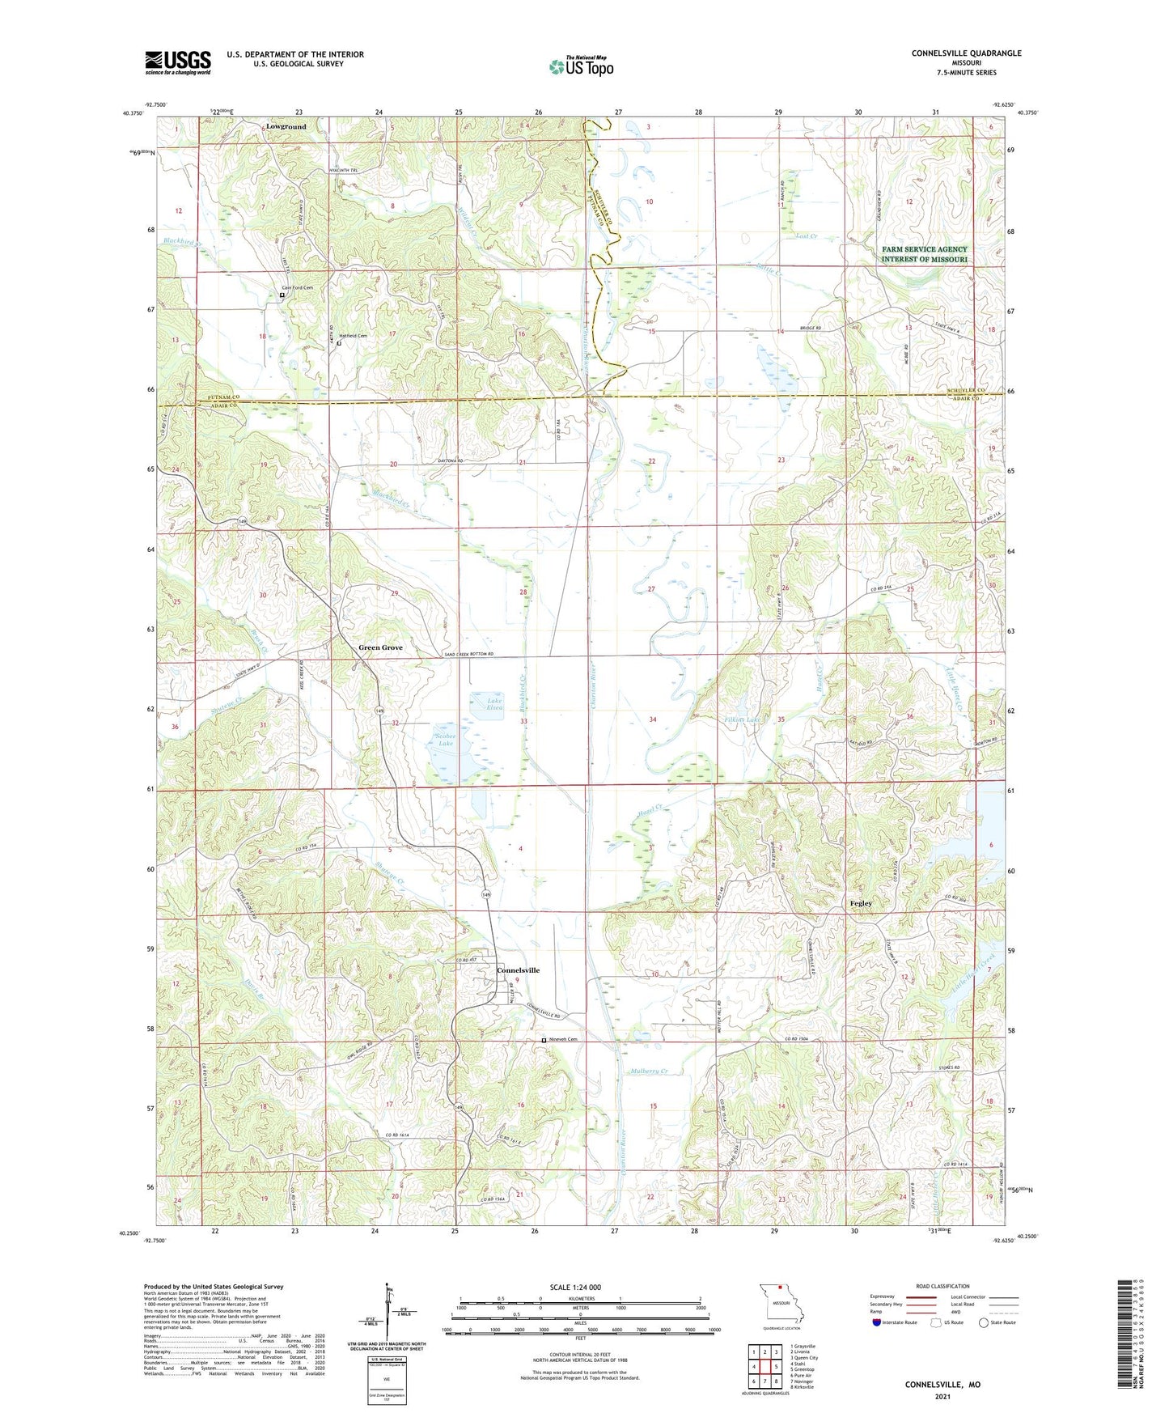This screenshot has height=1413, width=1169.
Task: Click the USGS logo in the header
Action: click(178, 62)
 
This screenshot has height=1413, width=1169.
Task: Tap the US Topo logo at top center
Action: click(581, 66)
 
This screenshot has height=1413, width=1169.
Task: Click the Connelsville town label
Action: click(518, 970)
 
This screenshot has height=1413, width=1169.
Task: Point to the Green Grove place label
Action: click(380, 647)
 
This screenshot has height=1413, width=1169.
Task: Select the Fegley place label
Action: click(861, 903)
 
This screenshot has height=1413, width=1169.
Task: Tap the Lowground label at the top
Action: click(286, 127)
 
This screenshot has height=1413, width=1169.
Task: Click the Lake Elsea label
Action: click(494, 704)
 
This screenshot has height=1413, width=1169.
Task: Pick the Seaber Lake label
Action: click(446, 739)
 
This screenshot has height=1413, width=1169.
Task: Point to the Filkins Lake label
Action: click(742, 719)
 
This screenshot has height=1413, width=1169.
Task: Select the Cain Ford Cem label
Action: click(296, 287)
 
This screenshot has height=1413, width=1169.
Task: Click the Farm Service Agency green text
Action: click(925, 254)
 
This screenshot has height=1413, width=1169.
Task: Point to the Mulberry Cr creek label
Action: click(649, 1071)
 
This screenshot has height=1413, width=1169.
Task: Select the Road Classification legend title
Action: click(943, 1286)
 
